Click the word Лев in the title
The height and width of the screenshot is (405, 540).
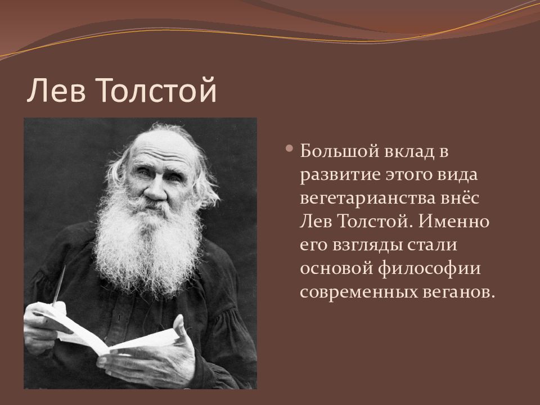56,90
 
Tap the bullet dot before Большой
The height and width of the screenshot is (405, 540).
289,148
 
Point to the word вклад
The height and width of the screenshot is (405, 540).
409,151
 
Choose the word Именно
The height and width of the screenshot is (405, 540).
454,221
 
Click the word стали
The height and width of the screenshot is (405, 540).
433,245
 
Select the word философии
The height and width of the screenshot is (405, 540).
429,269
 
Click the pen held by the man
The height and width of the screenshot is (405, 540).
58,285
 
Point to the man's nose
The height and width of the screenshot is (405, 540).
155,191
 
